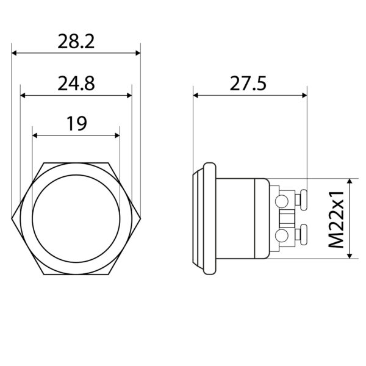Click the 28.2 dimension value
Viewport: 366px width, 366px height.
(76, 41)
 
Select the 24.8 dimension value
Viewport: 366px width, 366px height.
(76, 84)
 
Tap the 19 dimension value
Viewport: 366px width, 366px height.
(77, 123)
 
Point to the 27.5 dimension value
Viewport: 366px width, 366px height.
(248, 84)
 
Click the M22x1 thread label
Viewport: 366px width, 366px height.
(336, 220)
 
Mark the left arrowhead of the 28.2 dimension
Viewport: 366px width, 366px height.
(14, 53)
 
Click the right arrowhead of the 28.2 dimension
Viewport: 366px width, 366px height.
(138, 53)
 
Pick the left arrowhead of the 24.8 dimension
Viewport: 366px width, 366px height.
(23, 95)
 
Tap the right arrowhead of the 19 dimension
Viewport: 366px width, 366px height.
(117, 135)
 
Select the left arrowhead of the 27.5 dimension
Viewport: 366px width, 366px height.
(196, 95)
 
